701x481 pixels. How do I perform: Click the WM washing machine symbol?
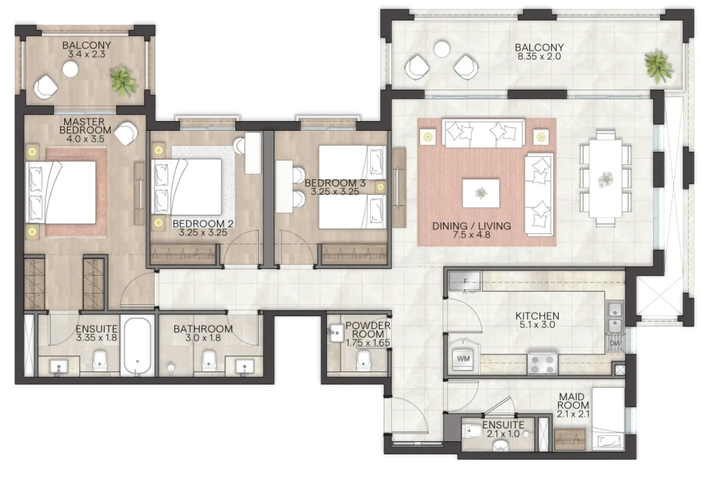click(463, 359)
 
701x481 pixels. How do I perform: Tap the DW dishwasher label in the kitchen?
click(614, 344)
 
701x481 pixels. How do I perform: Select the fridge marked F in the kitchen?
click(464, 281)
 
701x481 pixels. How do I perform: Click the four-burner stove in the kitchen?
click(542, 363)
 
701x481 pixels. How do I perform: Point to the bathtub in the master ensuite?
click(137, 346)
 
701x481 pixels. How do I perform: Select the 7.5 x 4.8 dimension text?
click(472, 235)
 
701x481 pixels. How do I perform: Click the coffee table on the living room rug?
click(481, 193)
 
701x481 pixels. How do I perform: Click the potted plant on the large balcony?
click(659, 66)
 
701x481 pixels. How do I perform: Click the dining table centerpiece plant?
click(605, 178)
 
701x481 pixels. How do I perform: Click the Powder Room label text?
click(368, 330)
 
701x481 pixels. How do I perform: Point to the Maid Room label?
click(573, 401)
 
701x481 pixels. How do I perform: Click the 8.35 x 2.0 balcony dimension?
click(539, 56)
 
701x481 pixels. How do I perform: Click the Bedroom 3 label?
click(335, 183)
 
